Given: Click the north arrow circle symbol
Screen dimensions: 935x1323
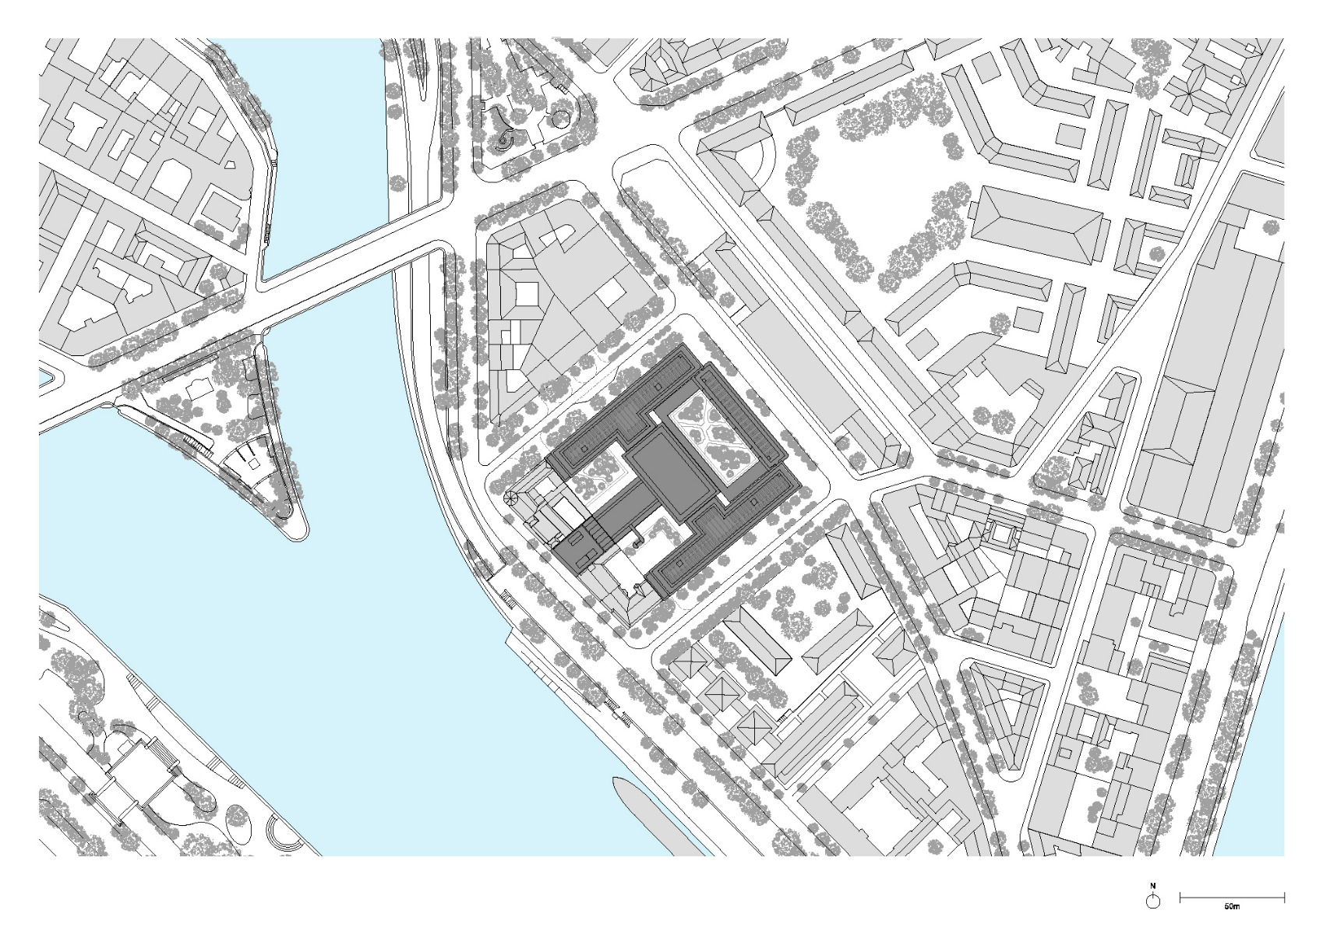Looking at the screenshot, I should click(x=1153, y=901).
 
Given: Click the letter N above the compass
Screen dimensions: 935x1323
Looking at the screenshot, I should click(x=1153, y=886).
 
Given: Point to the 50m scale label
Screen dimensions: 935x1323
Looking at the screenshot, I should click(x=1231, y=907).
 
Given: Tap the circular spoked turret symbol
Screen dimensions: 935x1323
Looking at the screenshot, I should click(x=511, y=499).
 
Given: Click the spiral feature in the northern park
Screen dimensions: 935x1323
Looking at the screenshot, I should click(x=505, y=141).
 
